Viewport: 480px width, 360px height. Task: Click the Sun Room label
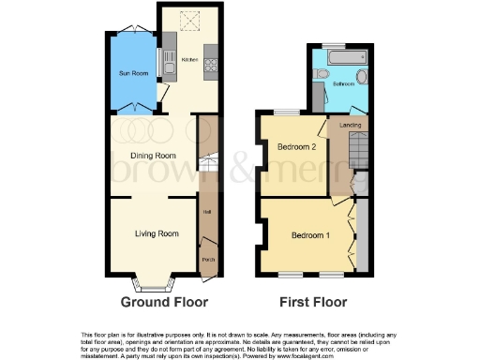(132, 73)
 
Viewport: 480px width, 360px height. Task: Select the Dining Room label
(152, 156)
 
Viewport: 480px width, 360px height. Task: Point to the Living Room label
(156, 232)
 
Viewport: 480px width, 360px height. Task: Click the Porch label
(207, 261)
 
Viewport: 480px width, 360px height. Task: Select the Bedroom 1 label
(308, 233)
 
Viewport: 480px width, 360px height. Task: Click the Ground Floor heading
(164, 302)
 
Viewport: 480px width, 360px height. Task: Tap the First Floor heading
(313, 302)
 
